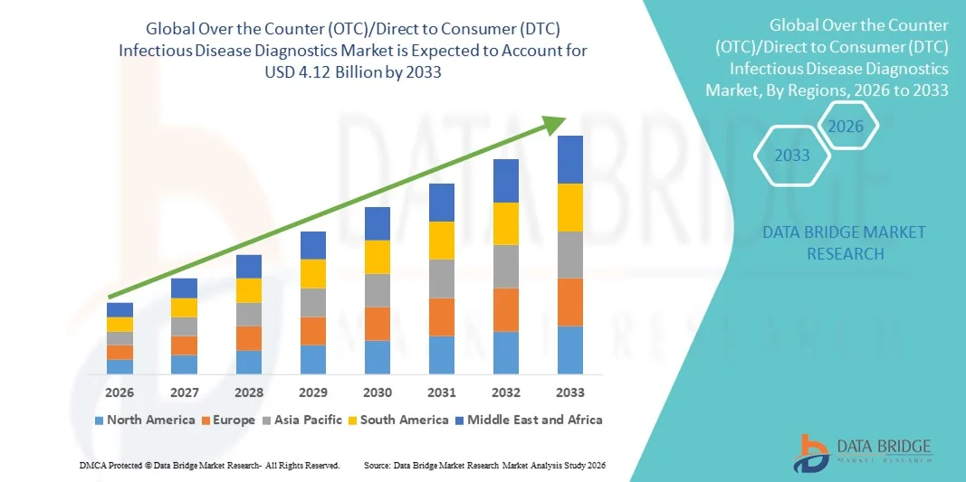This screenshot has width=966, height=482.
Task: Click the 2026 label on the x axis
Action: click(x=120, y=392)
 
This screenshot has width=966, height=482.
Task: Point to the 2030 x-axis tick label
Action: click(x=378, y=392)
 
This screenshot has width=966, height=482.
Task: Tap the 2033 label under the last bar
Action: click(x=569, y=392)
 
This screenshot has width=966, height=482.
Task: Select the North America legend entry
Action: click(x=144, y=420)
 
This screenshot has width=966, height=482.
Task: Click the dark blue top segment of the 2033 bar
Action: click(x=569, y=159)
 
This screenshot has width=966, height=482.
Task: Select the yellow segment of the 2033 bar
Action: click(x=569, y=207)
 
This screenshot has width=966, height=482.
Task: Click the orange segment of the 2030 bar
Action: click(x=378, y=324)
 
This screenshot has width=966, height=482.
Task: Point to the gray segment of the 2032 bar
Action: click(x=505, y=266)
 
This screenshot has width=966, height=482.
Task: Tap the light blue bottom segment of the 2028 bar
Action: click(x=249, y=363)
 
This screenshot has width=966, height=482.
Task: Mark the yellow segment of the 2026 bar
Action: click(x=120, y=324)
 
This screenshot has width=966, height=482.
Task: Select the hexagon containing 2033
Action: click(x=793, y=156)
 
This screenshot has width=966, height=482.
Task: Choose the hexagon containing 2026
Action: click(x=846, y=127)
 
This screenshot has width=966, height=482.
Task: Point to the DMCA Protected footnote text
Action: click(x=209, y=465)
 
